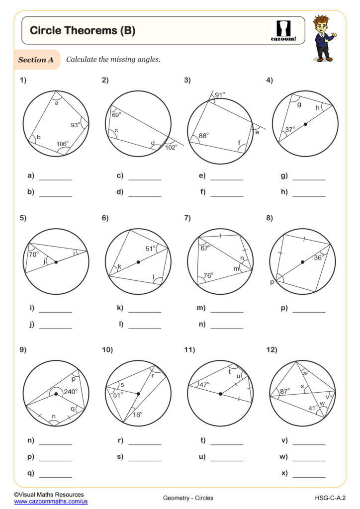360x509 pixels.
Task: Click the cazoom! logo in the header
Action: (x=283, y=30)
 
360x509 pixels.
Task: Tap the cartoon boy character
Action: (x=324, y=38)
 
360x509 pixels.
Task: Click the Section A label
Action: (x=36, y=60)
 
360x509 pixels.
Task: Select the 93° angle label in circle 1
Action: (x=75, y=125)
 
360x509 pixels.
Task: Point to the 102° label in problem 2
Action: (x=171, y=147)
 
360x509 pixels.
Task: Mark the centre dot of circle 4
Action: (x=305, y=124)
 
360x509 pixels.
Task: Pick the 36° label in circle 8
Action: (x=318, y=257)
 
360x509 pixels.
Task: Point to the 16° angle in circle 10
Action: (x=137, y=414)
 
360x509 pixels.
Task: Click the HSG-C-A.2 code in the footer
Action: (x=330, y=498)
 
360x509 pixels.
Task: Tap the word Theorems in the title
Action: (x=88, y=31)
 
